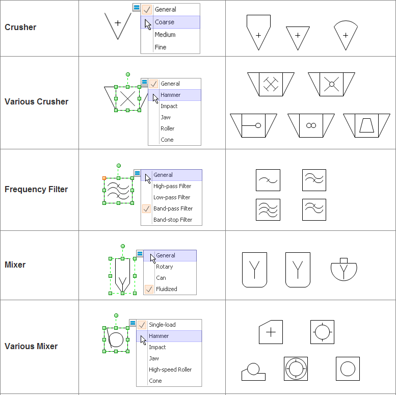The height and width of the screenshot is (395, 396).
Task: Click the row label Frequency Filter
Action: [x=36, y=190]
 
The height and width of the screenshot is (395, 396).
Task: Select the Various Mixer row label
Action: [x=31, y=347]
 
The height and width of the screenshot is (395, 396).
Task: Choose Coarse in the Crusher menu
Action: [x=165, y=22]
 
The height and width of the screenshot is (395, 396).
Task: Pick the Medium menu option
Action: [x=165, y=35]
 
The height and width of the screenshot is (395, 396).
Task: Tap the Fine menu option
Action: [x=161, y=47]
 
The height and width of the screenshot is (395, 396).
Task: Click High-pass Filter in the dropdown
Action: [x=172, y=186]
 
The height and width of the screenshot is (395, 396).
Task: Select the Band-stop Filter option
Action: [x=173, y=220]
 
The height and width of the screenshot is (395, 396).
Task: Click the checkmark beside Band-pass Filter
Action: [x=147, y=208]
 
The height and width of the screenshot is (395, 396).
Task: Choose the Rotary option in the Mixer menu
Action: [x=164, y=267]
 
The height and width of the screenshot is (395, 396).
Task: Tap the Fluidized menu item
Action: [x=167, y=289]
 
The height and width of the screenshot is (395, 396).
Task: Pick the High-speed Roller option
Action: [x=170, y=370]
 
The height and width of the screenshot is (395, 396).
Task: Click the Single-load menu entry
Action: [x=162, y=325]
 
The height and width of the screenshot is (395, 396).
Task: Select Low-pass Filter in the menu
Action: [x=172, y=197]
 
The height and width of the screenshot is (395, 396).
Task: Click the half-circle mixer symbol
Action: [x=344, y=269]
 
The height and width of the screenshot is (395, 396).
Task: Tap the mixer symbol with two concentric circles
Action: [x=296, y=368]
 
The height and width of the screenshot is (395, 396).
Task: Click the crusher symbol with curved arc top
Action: [x=346, y=35]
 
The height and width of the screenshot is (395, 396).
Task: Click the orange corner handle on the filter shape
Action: [x=104, y=178]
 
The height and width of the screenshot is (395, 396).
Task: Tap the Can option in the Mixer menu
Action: [x=161, y=278]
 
